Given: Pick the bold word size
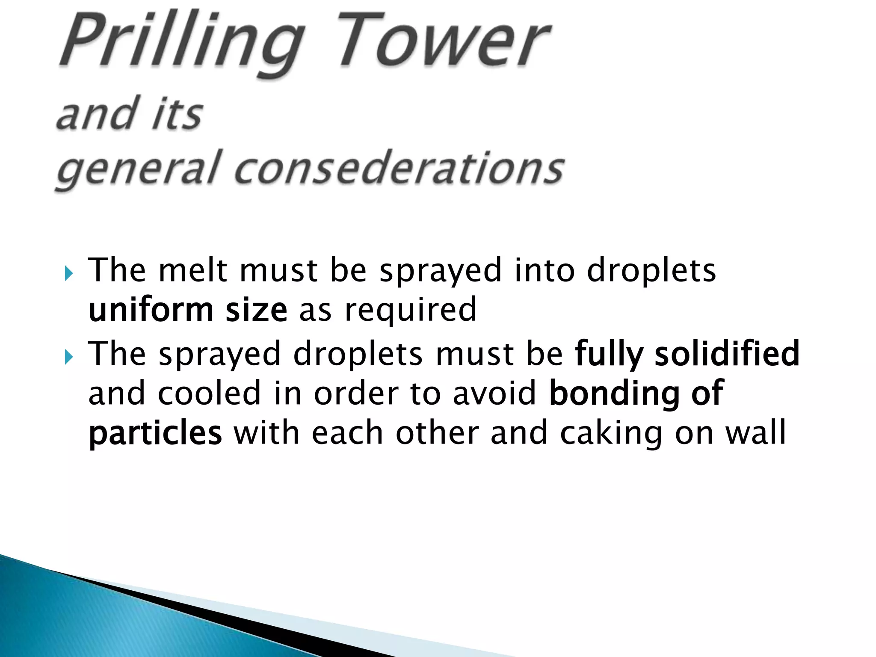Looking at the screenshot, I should click(256, 310).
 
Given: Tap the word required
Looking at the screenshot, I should click(410, 310).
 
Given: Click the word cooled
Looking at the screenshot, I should click(209, 394).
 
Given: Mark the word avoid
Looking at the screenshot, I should click(494, 394).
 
